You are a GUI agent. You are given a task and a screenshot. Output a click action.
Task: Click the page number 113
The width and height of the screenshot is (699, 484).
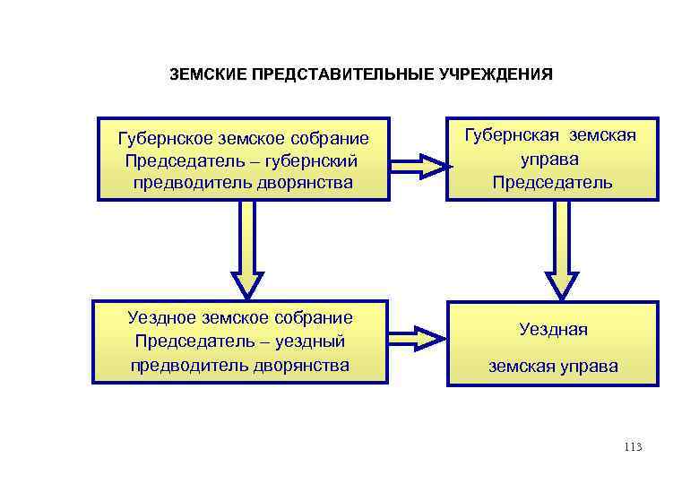tap(634, 446)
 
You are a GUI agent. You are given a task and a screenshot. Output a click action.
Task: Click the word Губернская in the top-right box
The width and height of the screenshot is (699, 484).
tap(511, 135)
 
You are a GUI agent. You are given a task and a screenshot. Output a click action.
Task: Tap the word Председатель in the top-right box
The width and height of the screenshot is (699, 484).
tap(552, 183)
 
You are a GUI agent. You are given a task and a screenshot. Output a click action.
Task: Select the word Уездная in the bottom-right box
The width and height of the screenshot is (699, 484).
tap(553, 330)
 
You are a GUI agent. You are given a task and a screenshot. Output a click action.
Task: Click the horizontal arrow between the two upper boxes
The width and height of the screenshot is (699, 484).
tap(419, 164)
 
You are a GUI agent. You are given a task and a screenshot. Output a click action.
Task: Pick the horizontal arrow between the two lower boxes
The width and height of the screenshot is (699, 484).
tap(419, 338)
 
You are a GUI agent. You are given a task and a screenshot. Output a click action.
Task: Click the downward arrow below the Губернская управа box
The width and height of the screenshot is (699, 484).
tap(562, 247)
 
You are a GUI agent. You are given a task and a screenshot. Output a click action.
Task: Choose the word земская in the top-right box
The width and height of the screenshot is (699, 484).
tap(600, 135)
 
